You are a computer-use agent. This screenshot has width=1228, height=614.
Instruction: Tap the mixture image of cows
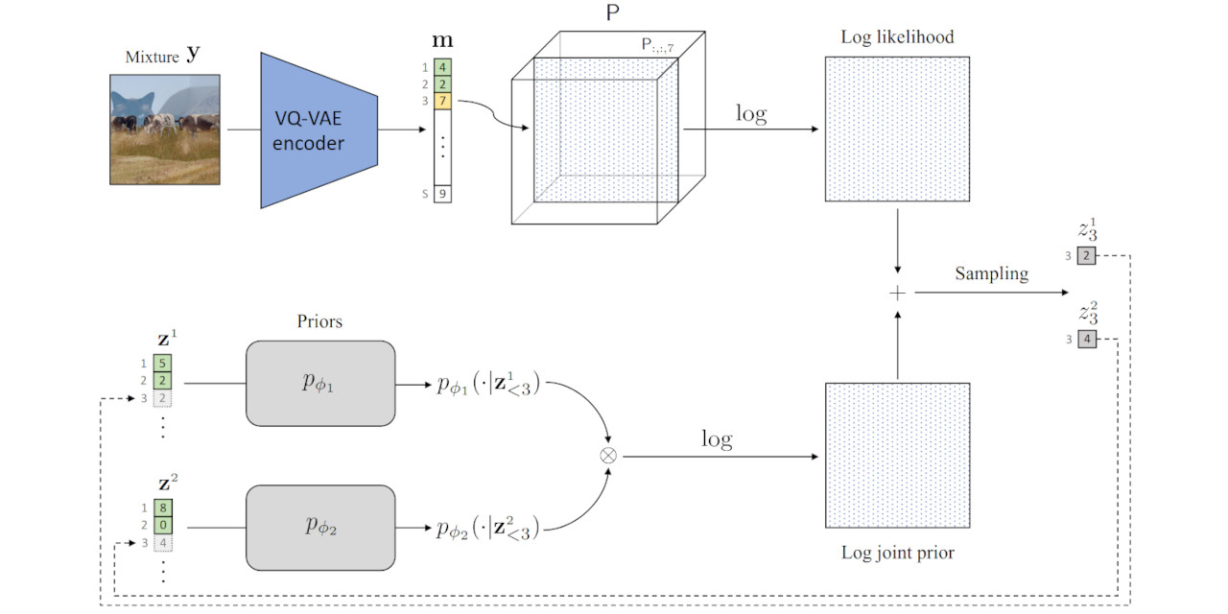[x=165, y=129]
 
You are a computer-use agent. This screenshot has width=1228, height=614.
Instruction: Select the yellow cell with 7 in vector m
[x=441, y=101]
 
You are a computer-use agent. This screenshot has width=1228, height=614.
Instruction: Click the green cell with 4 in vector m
[x=441, y=68]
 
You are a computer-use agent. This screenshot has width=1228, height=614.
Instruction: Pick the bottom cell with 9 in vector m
[x=441, y=194]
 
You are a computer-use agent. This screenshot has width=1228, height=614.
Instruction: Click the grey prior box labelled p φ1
[x=320, y=383]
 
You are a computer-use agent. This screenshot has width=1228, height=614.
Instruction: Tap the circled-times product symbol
[x=607, y=456]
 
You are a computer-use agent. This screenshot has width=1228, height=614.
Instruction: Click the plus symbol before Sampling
[x=898, y=294]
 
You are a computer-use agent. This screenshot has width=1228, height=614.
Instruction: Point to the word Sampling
[x=991, y=274]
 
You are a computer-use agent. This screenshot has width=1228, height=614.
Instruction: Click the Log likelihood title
[x=897, y=36]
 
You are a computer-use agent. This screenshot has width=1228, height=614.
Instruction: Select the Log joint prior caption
[x=897, y=553]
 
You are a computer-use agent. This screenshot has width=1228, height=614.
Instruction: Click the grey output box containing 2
[x=1086, y=256]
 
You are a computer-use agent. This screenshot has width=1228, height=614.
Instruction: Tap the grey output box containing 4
[x=1086, y=340]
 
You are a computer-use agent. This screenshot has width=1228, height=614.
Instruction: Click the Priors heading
[x=319, y=321]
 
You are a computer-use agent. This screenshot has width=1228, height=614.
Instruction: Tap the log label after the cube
[x=750, y=113]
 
